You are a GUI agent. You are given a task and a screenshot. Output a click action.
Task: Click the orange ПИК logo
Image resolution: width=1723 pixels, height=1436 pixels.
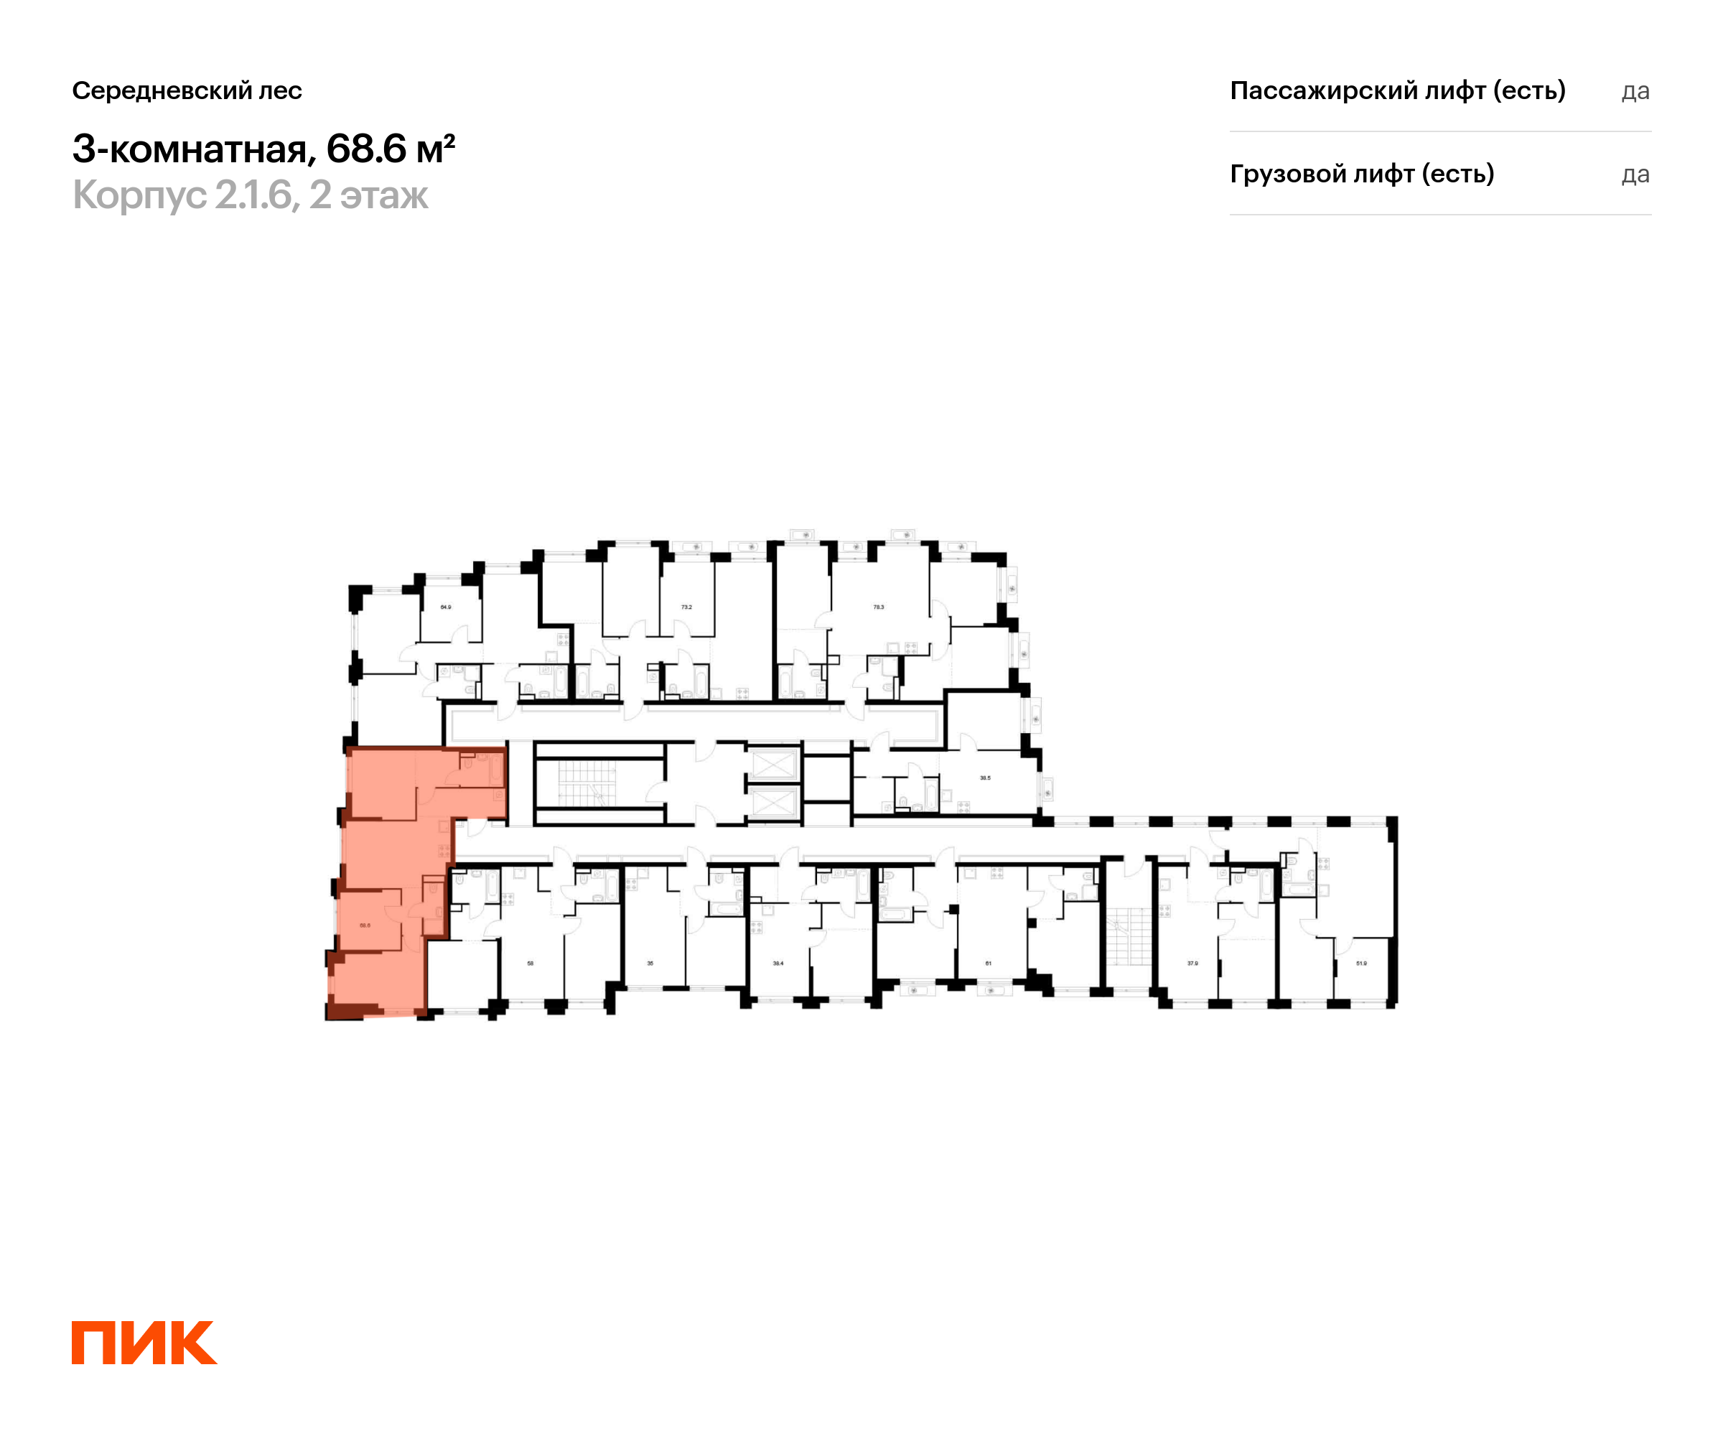click(144, 1343)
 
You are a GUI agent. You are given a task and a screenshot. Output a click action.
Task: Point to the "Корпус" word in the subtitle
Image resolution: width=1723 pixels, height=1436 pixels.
click(139, 195)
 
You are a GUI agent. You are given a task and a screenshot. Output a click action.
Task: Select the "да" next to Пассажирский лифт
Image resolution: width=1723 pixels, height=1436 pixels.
click(1635, 91)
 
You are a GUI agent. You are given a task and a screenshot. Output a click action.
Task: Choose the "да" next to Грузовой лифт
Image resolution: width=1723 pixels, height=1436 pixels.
click(1635, 174)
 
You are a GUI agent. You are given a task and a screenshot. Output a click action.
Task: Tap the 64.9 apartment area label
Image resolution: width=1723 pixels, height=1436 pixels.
click(446, 607)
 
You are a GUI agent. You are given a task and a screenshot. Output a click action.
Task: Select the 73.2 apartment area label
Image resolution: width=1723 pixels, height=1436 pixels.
click(686, 607)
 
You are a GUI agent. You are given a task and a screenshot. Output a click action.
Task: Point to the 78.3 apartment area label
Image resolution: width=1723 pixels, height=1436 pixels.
click(878, 607)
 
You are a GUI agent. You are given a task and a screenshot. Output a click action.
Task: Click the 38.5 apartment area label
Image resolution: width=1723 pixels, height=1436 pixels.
click(984, 778)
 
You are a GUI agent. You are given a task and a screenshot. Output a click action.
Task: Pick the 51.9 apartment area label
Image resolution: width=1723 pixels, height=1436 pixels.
click(1361, 964)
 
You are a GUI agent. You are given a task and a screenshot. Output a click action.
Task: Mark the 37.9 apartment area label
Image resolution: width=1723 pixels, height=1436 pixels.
click(1192, 964)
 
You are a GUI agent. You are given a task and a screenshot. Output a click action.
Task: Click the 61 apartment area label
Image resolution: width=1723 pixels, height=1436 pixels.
click(988, 964)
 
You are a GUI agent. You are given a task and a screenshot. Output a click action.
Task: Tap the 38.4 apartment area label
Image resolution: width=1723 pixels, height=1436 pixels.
click(778, 964)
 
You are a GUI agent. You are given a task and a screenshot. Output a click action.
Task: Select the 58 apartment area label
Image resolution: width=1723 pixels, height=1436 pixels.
click(530, 964)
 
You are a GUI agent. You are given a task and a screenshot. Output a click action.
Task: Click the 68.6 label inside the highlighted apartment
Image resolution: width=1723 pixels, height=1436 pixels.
click(365, 925)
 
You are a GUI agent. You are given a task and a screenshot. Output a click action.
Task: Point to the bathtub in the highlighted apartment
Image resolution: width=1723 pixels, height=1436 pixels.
click(495, 770)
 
